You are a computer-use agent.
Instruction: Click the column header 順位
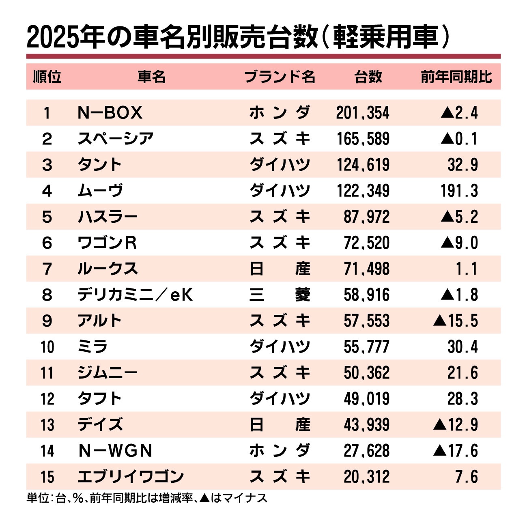47,76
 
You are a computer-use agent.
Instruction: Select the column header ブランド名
280,76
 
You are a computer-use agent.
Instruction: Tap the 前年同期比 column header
456,76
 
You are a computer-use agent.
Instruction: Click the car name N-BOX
110,113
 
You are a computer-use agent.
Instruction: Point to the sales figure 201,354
363,113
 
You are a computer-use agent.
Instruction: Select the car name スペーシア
116,139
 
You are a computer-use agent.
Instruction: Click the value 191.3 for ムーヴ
459,191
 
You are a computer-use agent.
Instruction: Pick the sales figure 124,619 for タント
363,165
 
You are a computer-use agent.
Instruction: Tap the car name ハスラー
108,217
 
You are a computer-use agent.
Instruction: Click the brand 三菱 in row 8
280,295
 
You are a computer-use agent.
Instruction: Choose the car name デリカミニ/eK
135,295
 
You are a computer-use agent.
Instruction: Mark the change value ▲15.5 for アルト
456,321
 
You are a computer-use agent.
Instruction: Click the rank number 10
47,347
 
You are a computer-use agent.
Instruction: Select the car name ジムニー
108,373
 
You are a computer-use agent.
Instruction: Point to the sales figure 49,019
367,399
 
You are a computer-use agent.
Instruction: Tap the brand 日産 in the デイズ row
280,425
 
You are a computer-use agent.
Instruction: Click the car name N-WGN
115,451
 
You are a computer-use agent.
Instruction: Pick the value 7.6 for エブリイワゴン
467,477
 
